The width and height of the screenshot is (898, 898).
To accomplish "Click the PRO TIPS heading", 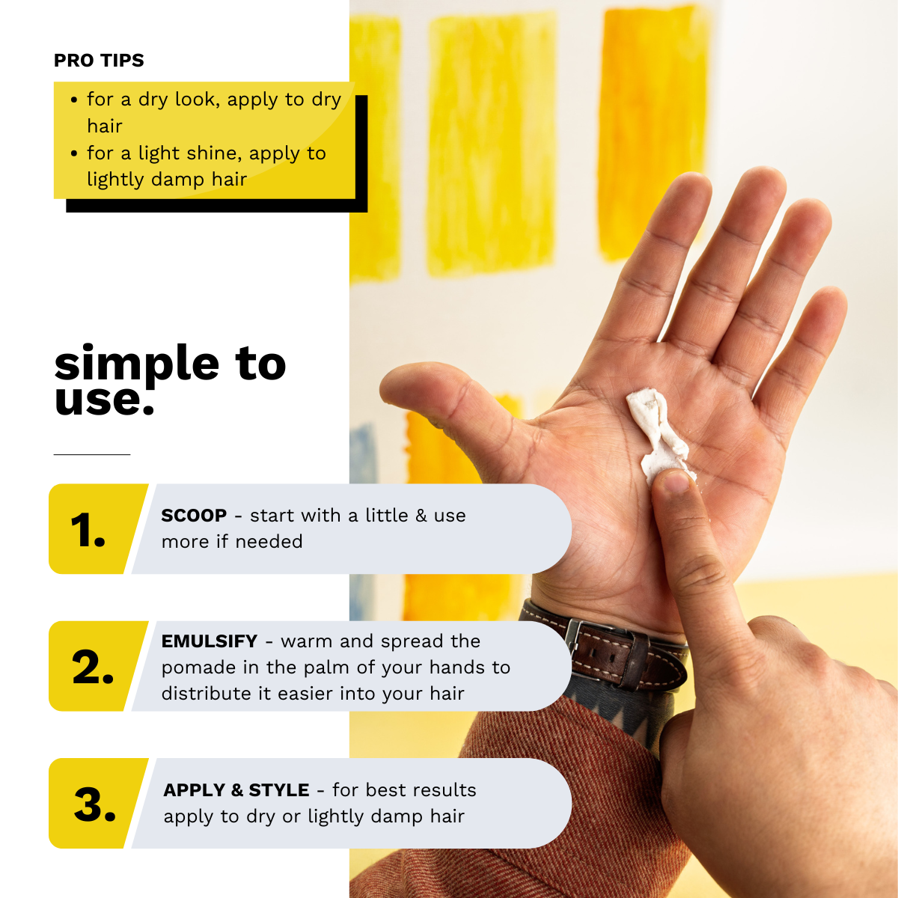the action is pos(99,60).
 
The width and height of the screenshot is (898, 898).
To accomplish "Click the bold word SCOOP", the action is pos(194,516).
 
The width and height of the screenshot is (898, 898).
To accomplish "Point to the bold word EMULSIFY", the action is pos(210,641).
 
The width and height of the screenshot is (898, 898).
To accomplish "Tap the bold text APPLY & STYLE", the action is pos(236,790).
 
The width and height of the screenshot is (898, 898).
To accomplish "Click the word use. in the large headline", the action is pos(104,400).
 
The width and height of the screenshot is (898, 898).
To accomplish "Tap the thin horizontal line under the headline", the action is pos(92,454).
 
